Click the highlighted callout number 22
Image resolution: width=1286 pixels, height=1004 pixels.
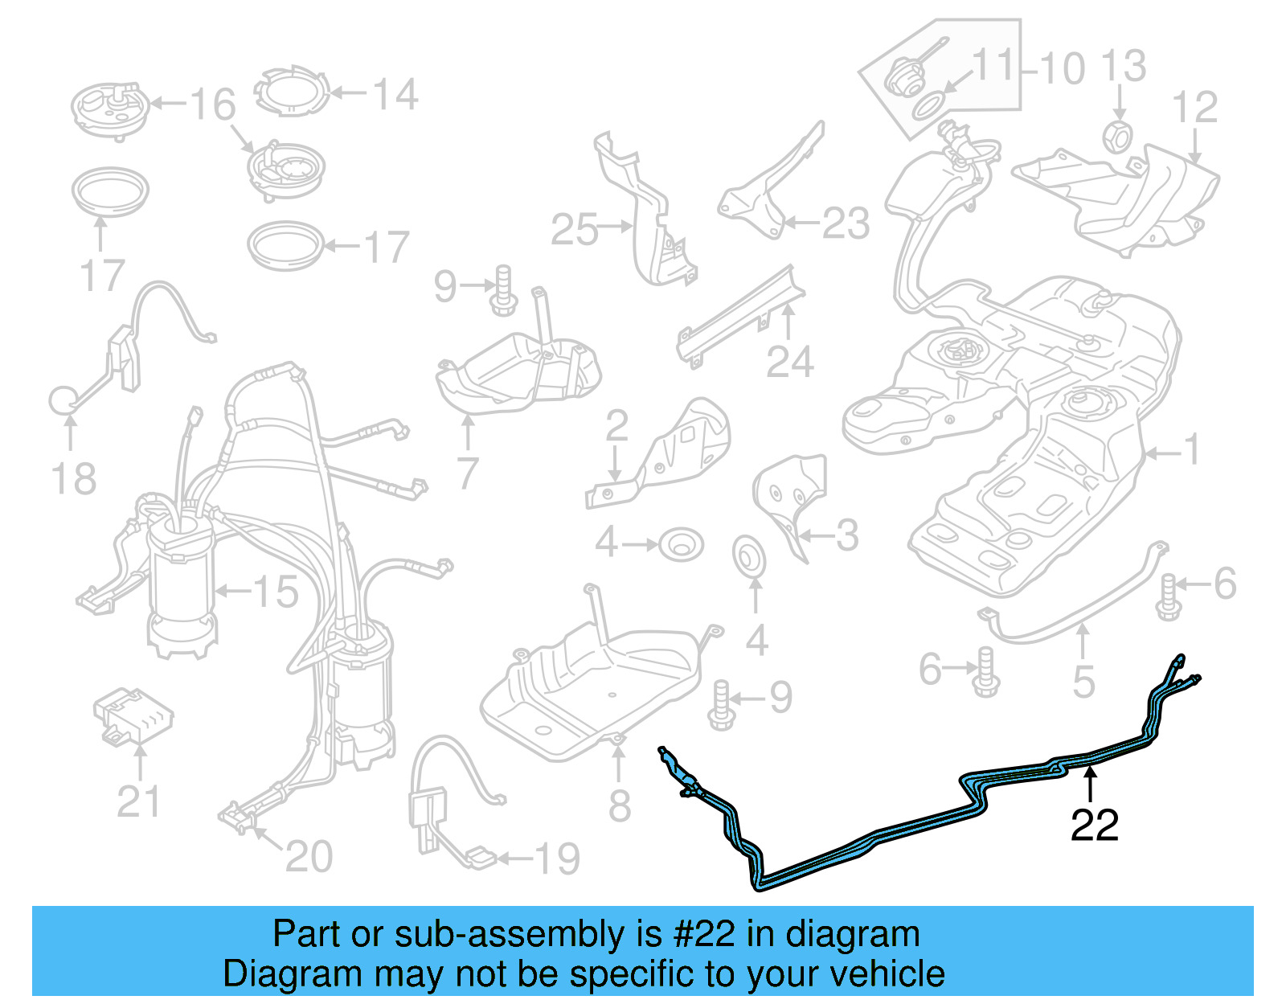(x=1094, y=826)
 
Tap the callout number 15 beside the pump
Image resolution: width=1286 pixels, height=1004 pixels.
(x=275, y=592)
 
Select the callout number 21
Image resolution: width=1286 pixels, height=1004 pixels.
(x=138, y=801)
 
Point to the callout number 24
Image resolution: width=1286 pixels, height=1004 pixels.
(x=789, y=362)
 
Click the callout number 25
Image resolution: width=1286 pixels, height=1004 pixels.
(x=574, y=230)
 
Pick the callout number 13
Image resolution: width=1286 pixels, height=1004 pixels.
(x=1122, y=66)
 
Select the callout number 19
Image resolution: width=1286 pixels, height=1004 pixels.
(x=556, y=859)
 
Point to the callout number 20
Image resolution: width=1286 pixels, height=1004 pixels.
(x=309, y=856)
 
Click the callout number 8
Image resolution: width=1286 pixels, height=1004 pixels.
(x=619, y=805)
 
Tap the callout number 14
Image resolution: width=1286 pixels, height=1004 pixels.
(x=395, y=94)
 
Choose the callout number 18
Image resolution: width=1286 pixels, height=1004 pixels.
(x=73, y=479)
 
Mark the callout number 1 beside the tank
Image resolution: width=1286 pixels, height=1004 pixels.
(x=1193, y=450)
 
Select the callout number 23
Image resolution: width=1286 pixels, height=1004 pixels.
(x=846, y=223)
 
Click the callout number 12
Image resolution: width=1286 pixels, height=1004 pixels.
(x=1194, y=108)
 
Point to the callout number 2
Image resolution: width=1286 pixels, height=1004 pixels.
(x=616, y=426)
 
